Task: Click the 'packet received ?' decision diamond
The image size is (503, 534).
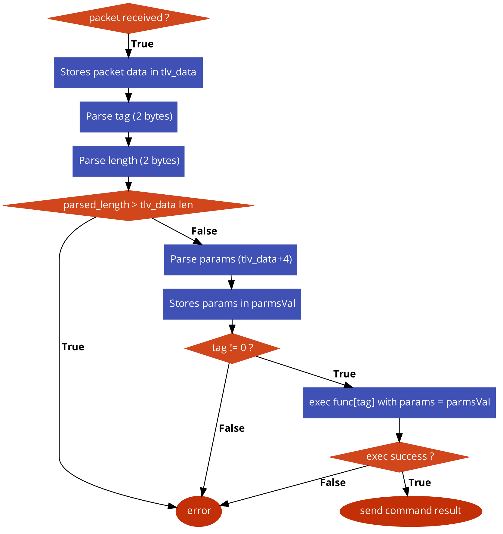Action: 128,18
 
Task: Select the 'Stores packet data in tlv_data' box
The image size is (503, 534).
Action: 128,73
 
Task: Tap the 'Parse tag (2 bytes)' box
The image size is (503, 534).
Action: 128,117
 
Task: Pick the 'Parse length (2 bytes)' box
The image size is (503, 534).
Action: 128,161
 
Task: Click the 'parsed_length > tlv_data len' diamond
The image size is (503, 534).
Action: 128,205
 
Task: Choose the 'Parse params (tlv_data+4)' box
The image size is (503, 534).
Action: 230,260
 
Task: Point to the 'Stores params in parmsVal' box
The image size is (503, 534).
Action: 232,304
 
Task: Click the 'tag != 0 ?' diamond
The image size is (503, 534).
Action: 232,348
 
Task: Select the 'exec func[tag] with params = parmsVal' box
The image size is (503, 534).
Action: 399,403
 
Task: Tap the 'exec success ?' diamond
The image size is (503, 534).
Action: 399,457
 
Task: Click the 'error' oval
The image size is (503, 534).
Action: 199,511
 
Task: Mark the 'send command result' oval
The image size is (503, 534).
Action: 411,511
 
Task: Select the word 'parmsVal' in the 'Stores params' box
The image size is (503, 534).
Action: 273,304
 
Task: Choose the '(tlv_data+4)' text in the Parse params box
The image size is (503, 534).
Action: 265,259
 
